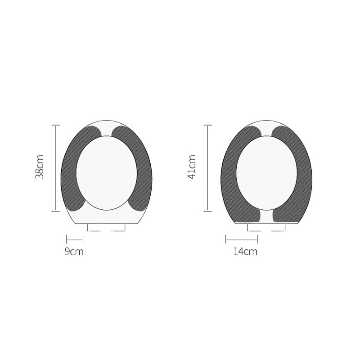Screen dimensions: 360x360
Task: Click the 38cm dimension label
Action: click(x=39, y=167)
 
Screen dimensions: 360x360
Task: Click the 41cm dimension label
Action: click(x=192, y=167)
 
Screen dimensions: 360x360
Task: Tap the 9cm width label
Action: click(x=74, y=252)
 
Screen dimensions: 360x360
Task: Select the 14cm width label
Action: click(x=245, y=252)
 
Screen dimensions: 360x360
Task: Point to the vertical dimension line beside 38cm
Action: click(x=55, y=168)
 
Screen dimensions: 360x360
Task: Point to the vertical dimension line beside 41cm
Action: click(x=207, y=168)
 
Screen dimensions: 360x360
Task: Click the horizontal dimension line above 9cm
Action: click(x=75, y=239)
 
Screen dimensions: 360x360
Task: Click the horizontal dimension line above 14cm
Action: click(x=242, y=239)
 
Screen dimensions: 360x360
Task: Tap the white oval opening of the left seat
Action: click(x=107, y=173)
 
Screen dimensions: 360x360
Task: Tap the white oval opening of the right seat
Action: click(x=267, y=173)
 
